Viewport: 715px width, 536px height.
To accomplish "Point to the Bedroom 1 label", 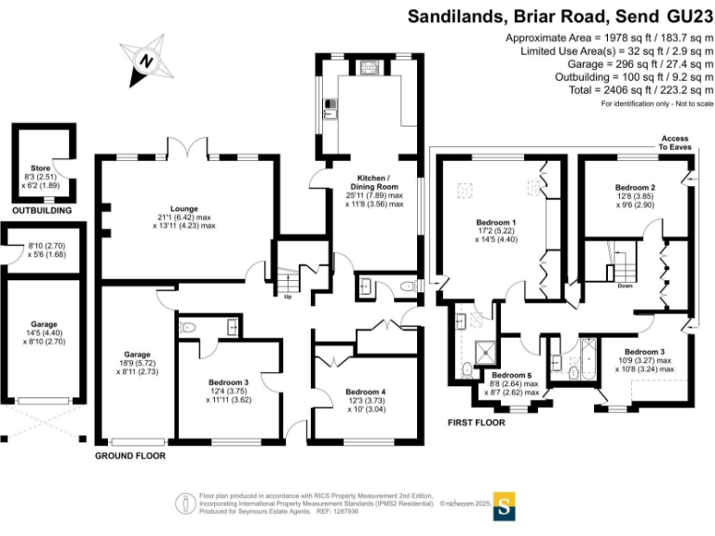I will pyautogui.click(x=496, y=222).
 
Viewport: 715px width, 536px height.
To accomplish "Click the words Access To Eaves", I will pyautogui.click(x=675, y=142).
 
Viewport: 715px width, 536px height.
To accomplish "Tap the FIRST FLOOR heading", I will pyautogui.click(x=476, y=422).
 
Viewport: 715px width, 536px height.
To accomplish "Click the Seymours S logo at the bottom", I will pyautogui.click(x=504, y=507).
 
